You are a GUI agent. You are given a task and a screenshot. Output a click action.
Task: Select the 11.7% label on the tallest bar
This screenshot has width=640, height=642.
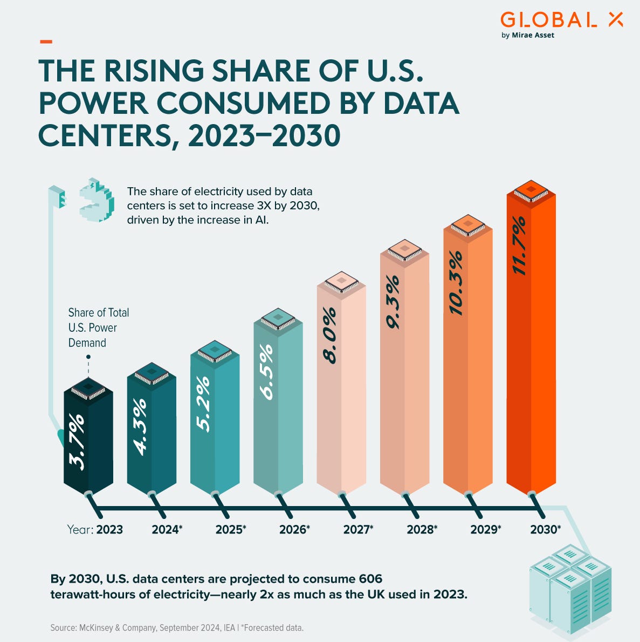[519, 245]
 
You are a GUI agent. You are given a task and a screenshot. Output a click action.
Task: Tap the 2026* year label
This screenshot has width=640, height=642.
[294, 530]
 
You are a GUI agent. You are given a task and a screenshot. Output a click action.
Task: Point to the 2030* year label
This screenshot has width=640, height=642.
[546, 530]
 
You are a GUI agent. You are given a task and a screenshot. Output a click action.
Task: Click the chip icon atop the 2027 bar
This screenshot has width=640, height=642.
[341, 282]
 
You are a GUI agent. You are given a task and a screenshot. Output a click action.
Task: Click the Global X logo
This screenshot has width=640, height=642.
[561, 20]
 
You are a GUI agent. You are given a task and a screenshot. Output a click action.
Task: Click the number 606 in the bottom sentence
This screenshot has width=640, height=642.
[370, 579]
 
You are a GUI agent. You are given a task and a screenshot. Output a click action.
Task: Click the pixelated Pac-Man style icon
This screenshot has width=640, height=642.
[97, 199]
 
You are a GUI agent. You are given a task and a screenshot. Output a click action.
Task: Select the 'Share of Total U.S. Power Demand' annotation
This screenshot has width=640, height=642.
[98, 327]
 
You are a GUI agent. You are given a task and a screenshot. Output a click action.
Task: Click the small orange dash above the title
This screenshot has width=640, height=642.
[46, 41]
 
